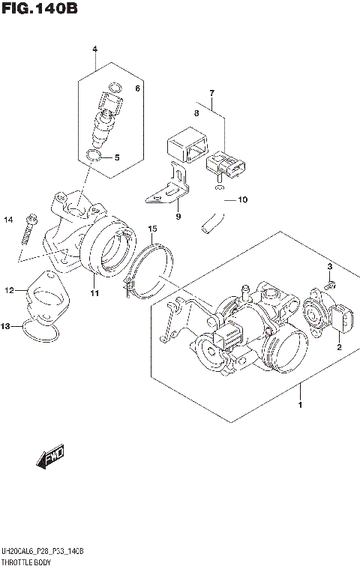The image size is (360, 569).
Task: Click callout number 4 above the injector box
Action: click(x=95, y=49)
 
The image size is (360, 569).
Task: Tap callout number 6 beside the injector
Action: click(x=137, y=88)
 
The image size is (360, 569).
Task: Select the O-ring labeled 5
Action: click(x=93, y=156)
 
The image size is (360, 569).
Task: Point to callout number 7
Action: click(x=211, y=94)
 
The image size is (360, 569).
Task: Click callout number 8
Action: click(x=196, y=114)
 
